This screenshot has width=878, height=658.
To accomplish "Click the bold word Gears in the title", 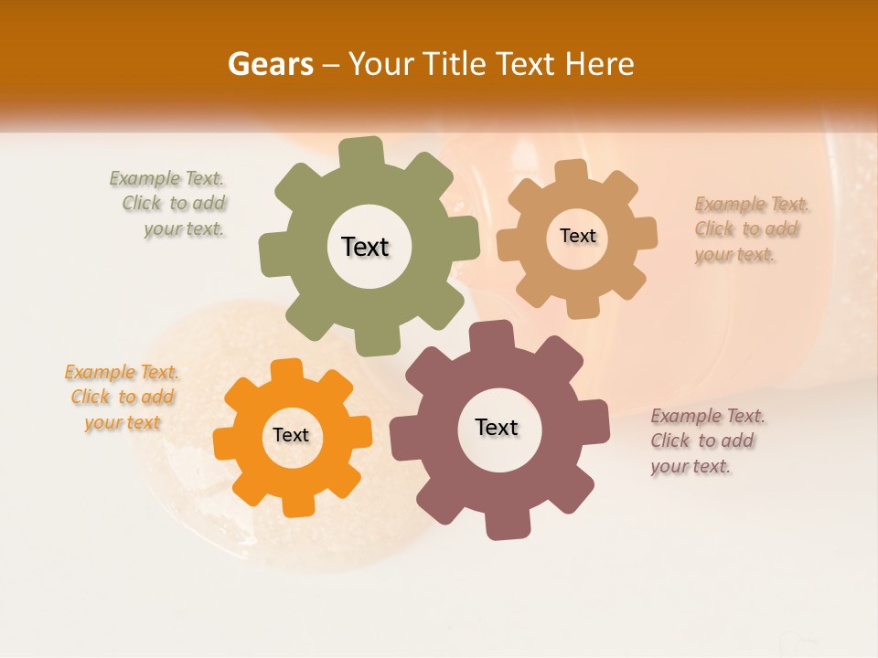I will pyautogui.click(x=270, y=64).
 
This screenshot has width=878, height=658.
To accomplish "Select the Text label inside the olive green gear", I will pyautogui.click(x=365, y=247).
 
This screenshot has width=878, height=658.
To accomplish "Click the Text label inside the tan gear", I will pyautogui.click(x=577, y=236).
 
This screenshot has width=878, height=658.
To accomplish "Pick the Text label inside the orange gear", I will pyautogui.click(x=291, y=436).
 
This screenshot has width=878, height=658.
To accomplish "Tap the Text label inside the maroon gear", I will pyautogui.click(x=497, y=428).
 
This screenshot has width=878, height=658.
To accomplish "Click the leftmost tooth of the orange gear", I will pyautogui.click(x=225, y=443).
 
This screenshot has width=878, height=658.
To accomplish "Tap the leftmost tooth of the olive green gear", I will pyautogui.click(x=272, y=254).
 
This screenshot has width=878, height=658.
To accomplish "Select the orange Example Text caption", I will pyautogui.click(x=123, y=398).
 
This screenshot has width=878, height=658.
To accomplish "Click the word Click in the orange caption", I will pyautogui.click(x=90, y=398).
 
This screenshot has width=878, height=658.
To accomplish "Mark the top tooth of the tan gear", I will pyautogui.click(x=572, y=171).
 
